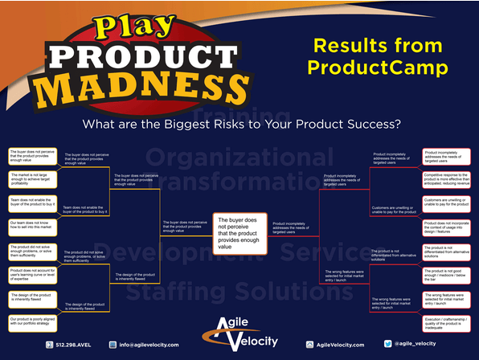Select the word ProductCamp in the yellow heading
381,67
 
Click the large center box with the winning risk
239,230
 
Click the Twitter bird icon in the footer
387,344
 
